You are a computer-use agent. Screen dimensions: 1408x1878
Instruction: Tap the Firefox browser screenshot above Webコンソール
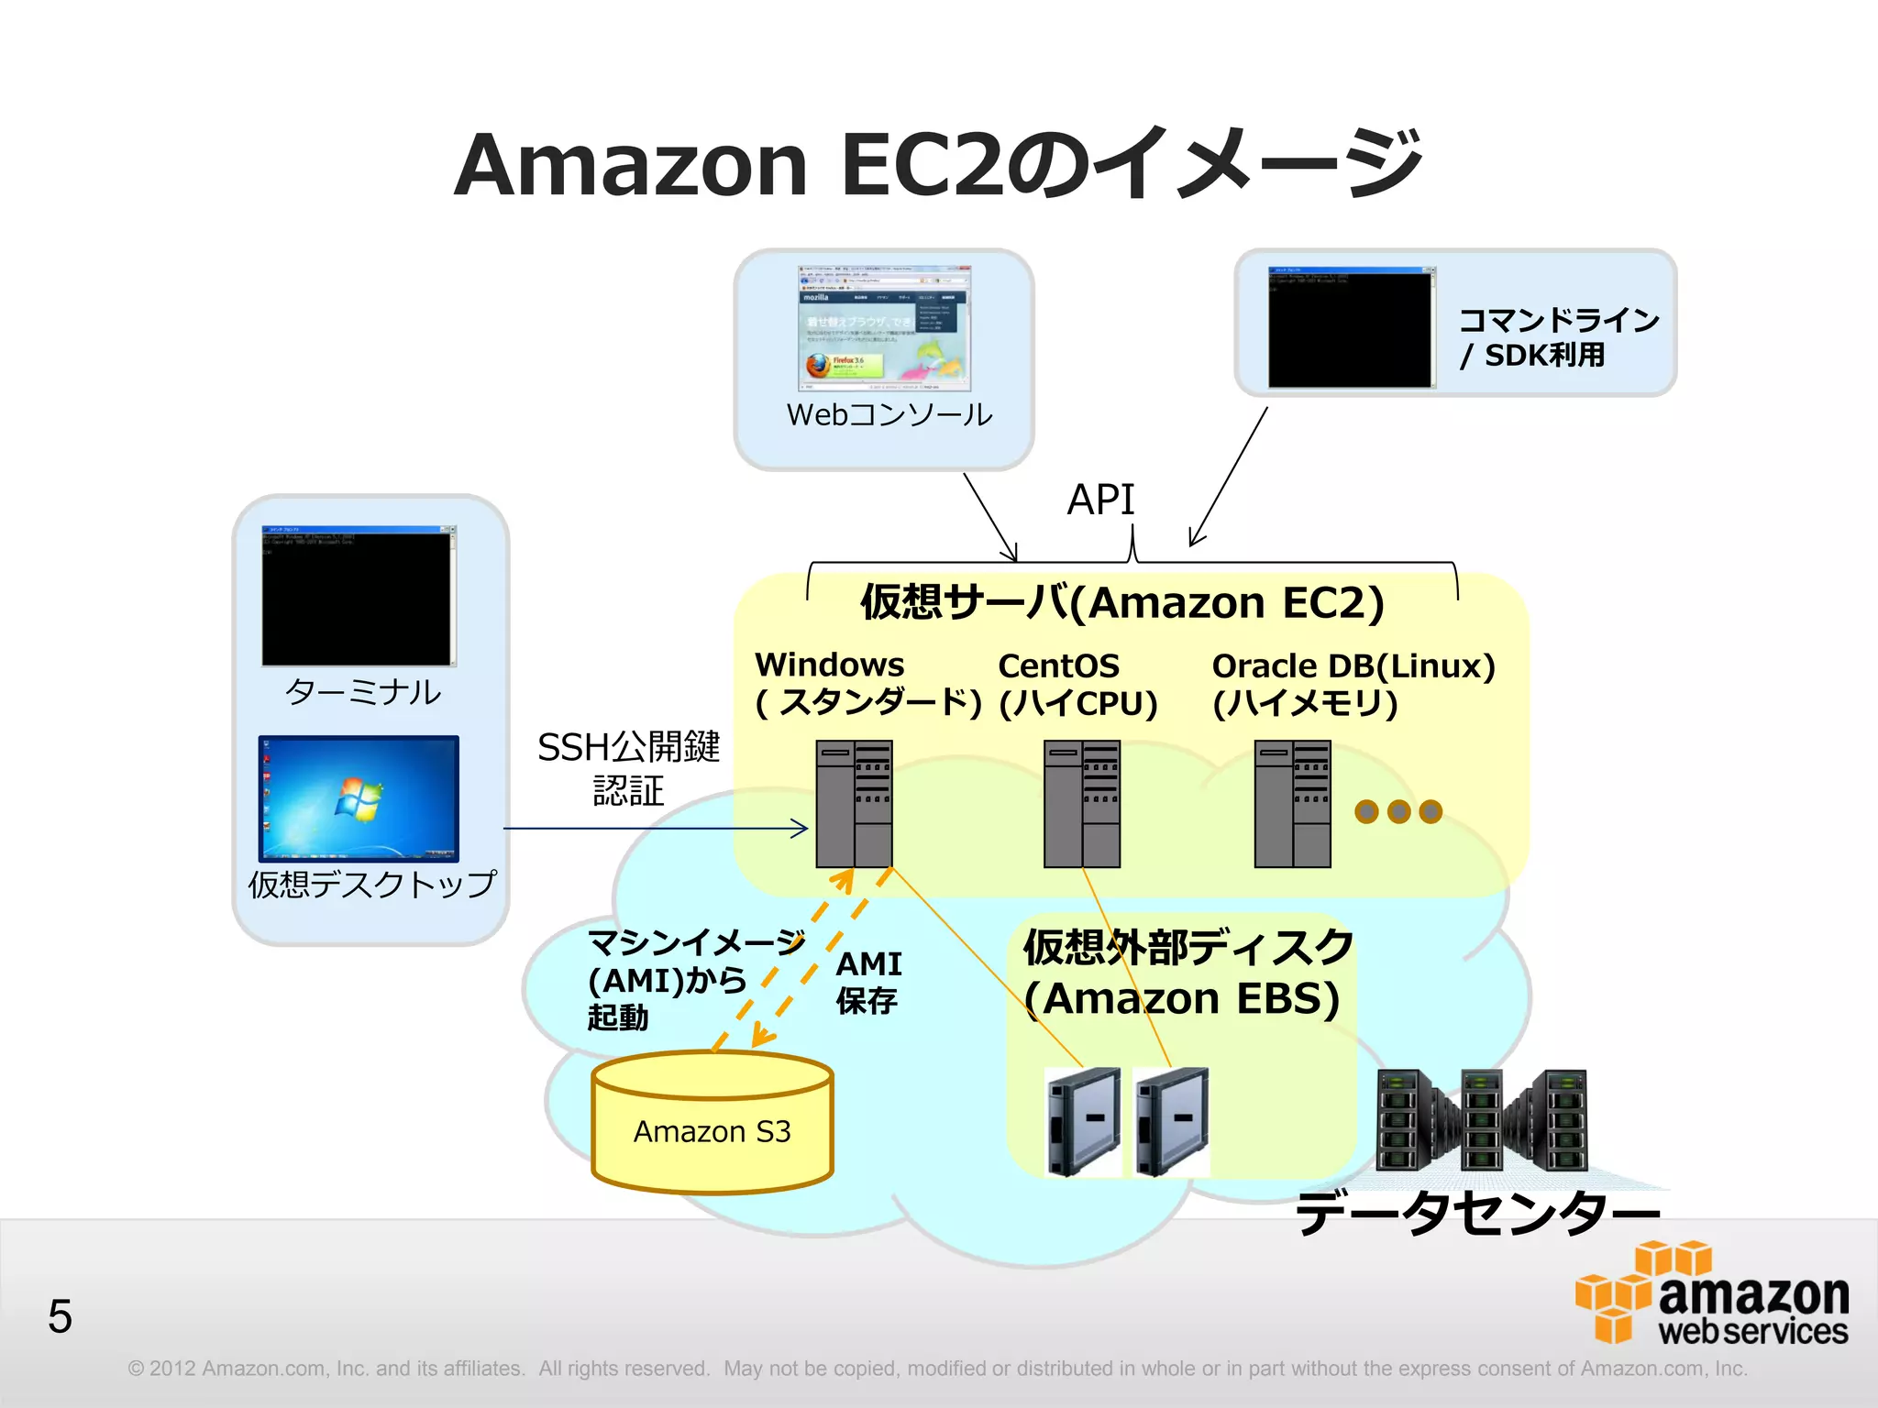click(x=884, y=328)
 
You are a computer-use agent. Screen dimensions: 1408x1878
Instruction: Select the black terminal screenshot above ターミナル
click(x=359, y=596)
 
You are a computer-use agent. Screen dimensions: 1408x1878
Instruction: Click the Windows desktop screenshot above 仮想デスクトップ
click(x=359, y=797)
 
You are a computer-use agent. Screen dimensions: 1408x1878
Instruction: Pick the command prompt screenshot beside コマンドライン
click(x=1351, y=327)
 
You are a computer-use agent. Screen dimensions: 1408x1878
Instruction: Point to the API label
click(x=1100, y=500)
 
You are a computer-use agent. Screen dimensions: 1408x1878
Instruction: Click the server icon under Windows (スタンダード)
click(x=854, y=803)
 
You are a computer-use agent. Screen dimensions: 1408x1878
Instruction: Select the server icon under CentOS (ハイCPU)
click(x=1082, y=803)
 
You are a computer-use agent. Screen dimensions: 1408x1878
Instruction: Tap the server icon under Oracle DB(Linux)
click(x=1292, y=803)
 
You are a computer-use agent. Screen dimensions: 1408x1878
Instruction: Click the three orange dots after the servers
click(x=1398, y=811)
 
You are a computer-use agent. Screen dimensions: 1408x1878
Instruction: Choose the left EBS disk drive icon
click(x=1084, y=1121)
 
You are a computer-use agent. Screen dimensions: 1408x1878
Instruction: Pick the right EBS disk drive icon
click(x=1172, y=1121)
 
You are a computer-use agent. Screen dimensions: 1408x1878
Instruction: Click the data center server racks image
click(x=1482, y=1120)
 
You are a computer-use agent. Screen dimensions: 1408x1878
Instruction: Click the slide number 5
click(x=60, y=1316)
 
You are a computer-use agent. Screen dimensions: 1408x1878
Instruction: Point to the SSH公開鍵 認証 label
click(x=629, y=768)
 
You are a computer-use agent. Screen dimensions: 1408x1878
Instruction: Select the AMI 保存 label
click(x=868, y=982)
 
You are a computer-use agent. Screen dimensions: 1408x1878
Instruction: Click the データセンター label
click(x=1477, y=1213)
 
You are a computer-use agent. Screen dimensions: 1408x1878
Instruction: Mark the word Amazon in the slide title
click(x=631, y=166)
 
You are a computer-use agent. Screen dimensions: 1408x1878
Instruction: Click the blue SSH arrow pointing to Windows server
click(x=656, y=829)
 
